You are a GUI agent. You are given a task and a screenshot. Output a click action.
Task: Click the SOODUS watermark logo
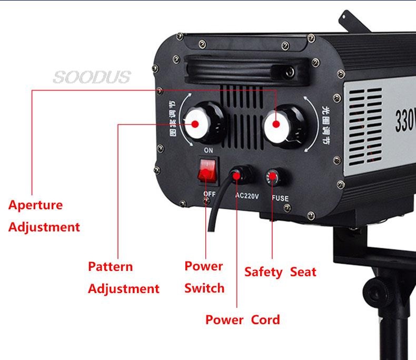point(91,77)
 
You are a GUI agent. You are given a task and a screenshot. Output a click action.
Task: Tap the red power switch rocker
point(206,171)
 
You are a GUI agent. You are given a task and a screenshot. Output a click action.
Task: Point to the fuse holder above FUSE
point(273,177)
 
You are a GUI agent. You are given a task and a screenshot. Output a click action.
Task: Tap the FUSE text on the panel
point(280,198)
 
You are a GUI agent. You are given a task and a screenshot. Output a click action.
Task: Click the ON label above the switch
point(208,151)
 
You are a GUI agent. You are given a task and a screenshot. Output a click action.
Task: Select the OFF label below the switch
point(209,194)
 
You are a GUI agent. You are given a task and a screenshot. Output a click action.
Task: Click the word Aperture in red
point(35,205)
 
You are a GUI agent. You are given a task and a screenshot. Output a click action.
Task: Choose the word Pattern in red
point(110,266)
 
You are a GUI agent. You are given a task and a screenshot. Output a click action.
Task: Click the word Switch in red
point(204,288)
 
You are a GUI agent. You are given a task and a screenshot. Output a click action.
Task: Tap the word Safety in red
point(263,272)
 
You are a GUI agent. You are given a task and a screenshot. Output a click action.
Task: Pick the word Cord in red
point(265,319)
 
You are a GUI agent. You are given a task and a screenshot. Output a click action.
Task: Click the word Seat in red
point(303,272)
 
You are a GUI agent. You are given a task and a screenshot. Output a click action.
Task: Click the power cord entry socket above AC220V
point(239,174)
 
